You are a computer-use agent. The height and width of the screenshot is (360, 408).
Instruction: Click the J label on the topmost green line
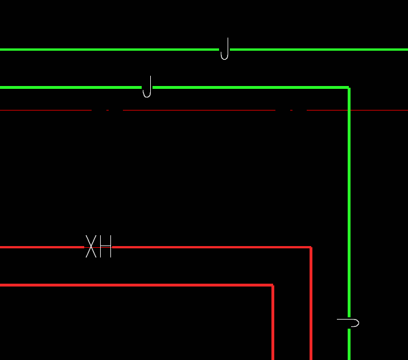point(225,49)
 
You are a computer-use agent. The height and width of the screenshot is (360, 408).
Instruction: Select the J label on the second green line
point(147,87)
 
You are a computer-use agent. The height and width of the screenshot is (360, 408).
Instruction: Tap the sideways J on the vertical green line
point(349,323)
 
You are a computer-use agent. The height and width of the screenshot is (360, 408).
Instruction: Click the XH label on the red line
point(98,247)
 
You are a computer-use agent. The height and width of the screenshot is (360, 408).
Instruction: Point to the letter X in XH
point(91,247)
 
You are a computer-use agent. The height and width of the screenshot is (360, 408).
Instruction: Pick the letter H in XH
point(105,247)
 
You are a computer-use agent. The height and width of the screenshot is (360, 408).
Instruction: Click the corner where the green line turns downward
point(349,88)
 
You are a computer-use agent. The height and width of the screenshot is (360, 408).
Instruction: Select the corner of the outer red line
point(311,247)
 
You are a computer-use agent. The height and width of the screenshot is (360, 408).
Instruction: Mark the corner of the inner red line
point(273,285)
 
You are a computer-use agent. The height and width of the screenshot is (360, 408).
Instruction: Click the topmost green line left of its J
point(108,50)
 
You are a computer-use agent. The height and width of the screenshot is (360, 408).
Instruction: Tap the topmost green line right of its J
point(319,50)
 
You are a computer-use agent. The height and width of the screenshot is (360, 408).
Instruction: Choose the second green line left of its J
point(68,87)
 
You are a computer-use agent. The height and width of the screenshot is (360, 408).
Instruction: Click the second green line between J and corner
point(250,87)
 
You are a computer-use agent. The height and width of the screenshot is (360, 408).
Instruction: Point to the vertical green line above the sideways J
point(349,199)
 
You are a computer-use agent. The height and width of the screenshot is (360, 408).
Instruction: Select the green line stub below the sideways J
point(349,345)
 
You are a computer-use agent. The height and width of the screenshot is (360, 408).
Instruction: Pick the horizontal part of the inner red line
point(137,285)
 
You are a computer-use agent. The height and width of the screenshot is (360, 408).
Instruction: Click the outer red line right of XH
point(211,247)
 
